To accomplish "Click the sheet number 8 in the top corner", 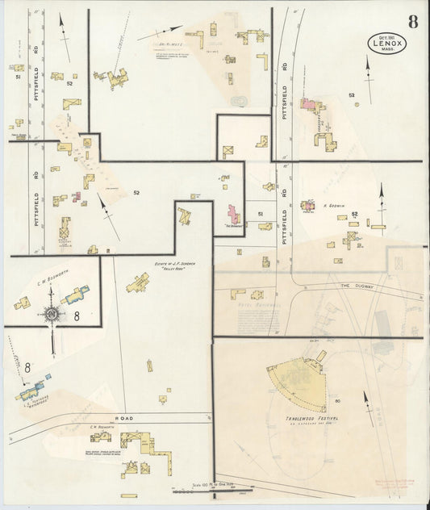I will tap(412, 21).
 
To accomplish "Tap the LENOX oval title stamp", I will tap(387, 43).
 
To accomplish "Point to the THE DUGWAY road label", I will tap(354, 286).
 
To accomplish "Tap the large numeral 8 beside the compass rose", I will tap(77, 317).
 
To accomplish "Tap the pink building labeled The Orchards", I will tap(233, 215).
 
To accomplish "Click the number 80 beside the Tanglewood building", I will tap(337, 400).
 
